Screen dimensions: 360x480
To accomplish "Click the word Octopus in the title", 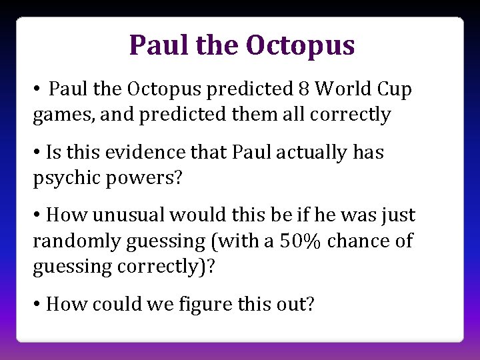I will [300, 45].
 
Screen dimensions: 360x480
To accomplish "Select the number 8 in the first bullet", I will [306, 89].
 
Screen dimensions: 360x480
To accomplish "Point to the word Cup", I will [395, 89].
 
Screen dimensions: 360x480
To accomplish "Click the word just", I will [399, 215].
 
